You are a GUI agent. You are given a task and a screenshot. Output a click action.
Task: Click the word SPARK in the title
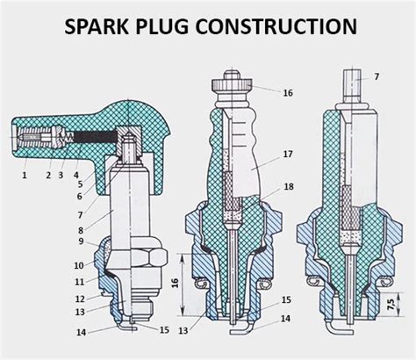point(97,26)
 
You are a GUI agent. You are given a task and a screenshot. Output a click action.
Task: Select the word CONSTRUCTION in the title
point(276,26)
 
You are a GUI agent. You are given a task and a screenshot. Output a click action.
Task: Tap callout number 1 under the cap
point(25,175)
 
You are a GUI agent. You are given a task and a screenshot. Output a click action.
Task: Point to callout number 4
point(76,175)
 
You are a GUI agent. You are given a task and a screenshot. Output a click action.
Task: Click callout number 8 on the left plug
point(81,231)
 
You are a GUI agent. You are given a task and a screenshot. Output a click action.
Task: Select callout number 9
point(81,241)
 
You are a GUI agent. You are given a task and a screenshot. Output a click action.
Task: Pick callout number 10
point(79,265)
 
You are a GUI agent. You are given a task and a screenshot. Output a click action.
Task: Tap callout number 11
point(80,282)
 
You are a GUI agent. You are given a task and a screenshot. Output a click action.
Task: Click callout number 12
point(80,299)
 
